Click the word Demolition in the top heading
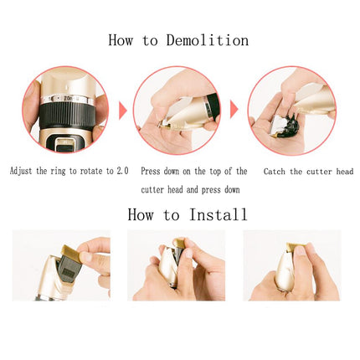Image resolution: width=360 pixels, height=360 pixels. click(207, 39)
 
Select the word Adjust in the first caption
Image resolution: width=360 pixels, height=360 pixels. click(23, 171)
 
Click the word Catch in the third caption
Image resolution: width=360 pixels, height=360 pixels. click(275, 171)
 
